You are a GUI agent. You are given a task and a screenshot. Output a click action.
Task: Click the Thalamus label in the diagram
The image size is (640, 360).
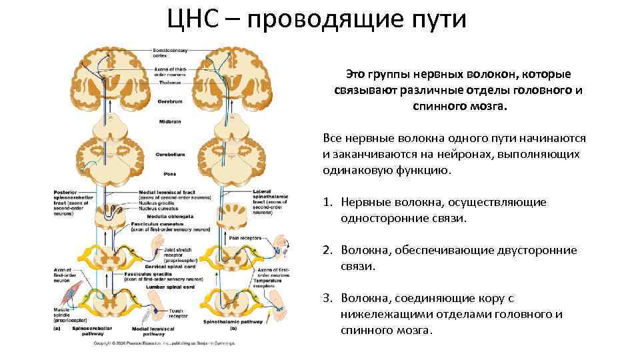[164, 83]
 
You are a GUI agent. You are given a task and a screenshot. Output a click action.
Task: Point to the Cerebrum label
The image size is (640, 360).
[166, 102]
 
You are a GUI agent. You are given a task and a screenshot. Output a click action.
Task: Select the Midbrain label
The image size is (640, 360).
[167, 122]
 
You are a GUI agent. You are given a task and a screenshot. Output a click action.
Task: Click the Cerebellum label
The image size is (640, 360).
[170, 154]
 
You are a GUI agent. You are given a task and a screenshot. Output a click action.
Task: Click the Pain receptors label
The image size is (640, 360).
[243, 237]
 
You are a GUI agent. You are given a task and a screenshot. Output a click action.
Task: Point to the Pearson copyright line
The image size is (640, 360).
[163, 343]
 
